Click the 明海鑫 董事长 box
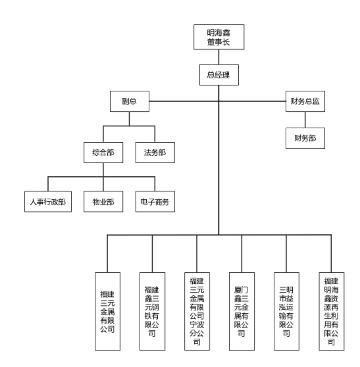(219, 37)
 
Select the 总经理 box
(219, 75)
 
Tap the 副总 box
(130, 101)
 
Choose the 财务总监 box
(305, 101)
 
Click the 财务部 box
(305, 138)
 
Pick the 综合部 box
(103, 153)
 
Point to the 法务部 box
(155, 153)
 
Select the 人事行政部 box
(48, 201)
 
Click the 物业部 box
(103, 201)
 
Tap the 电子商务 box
(155, 201)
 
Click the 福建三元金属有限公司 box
(107, 311)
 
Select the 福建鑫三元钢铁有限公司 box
(152, 311)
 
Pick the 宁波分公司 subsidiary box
(197, 311)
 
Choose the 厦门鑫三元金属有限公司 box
(242, 311)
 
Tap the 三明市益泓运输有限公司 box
(286, 311)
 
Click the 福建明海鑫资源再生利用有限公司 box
(332, 311)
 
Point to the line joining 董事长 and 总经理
(219, 57)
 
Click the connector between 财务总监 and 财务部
(305, 120)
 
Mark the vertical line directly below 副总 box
(129, 118)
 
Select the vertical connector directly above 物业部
(103, 184)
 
